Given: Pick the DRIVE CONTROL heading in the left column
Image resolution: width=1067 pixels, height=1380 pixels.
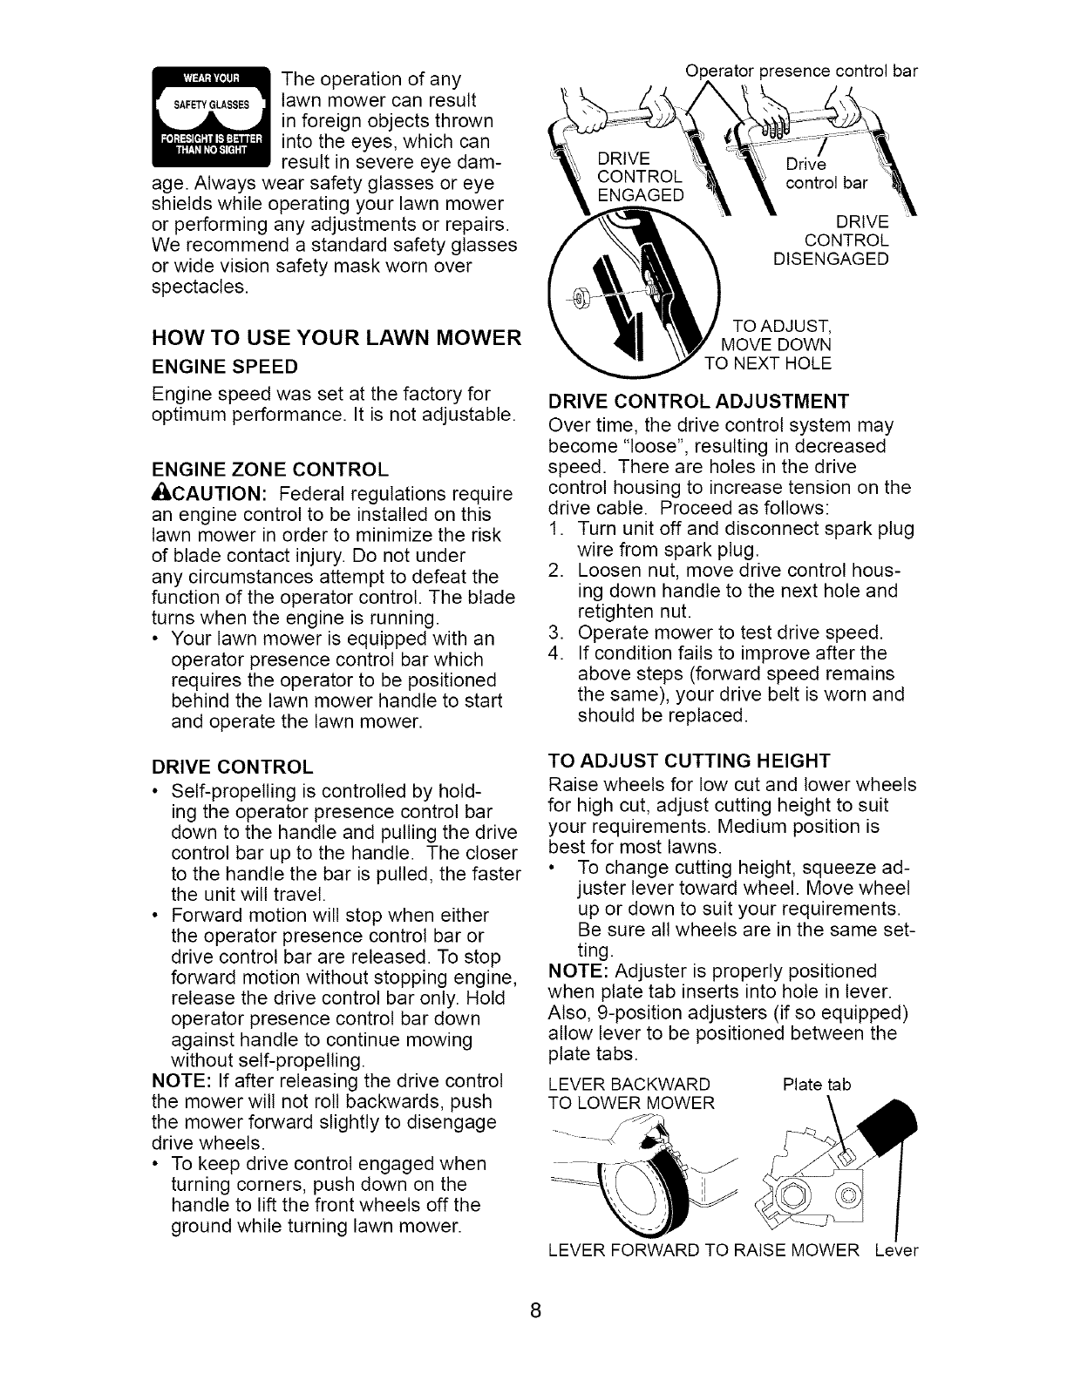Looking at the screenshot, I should tap(232, 767).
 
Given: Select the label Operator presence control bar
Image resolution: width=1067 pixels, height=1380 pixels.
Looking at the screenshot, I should tap(801, 72).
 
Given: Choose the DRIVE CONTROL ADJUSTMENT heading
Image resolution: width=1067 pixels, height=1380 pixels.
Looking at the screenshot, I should tap(697, 402).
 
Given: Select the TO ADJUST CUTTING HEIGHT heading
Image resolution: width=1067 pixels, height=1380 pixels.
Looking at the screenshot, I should tap(689, 759).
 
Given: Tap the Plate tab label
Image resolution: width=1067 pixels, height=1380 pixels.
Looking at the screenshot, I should tap(815, 1085).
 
